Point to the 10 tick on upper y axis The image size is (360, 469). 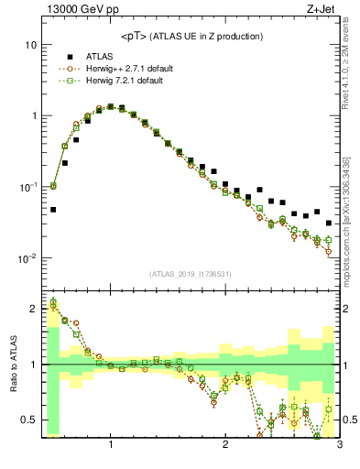coord(29,45)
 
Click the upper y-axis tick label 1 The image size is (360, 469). coord(33,116)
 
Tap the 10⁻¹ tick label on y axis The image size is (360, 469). coord(27,187)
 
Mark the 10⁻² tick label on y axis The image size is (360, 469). coord(27,258)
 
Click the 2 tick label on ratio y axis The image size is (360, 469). coord(33,309)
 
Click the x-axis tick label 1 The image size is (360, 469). coord(111,446)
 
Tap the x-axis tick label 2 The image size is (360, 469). coord(225,446)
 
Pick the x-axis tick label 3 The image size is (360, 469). coord(339,446)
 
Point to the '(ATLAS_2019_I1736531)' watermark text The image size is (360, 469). coord(191,274)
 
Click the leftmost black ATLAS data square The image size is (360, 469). coord(53,210)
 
